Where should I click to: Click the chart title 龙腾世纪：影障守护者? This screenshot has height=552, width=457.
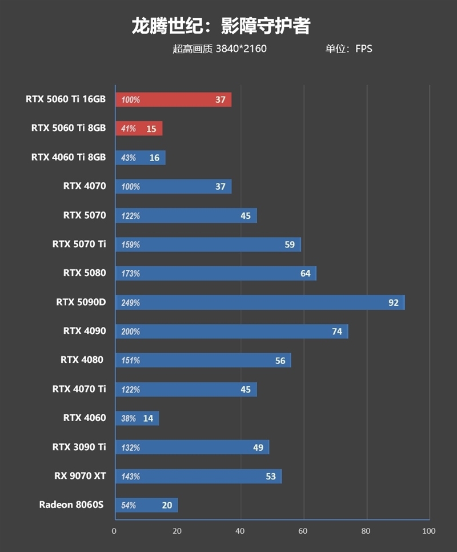[221, 25]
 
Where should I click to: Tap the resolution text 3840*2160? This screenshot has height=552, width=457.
[241, 49]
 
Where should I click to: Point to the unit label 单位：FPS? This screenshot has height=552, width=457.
[348, 49]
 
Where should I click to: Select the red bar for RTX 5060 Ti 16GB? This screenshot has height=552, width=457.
[173, 99]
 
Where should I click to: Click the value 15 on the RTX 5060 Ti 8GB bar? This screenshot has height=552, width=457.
[151, 129]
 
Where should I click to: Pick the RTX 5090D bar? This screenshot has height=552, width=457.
[260, 302]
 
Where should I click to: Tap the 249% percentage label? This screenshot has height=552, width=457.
[130, 303]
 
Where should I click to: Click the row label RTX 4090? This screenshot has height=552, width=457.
[85, 331]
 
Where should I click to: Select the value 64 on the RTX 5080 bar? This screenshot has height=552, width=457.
[305, 274]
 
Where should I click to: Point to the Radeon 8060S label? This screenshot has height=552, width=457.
[72, 505]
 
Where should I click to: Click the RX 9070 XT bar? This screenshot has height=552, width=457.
[198, 476]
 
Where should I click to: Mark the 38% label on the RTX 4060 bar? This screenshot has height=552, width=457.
[129, 418]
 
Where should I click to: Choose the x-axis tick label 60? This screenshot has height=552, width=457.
[303, 531]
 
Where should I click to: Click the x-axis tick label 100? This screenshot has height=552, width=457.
[428, 531]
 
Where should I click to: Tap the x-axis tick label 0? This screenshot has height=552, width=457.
[114, 531]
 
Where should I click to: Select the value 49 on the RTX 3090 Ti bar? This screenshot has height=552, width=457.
[258, 447]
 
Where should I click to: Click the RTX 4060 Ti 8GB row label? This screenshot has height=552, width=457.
[69, 157]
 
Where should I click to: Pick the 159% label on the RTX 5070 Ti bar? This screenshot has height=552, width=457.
[130, 245]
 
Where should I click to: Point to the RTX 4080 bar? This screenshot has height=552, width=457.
[203, 360]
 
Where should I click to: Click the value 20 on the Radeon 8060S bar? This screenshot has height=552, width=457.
[167, 505]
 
